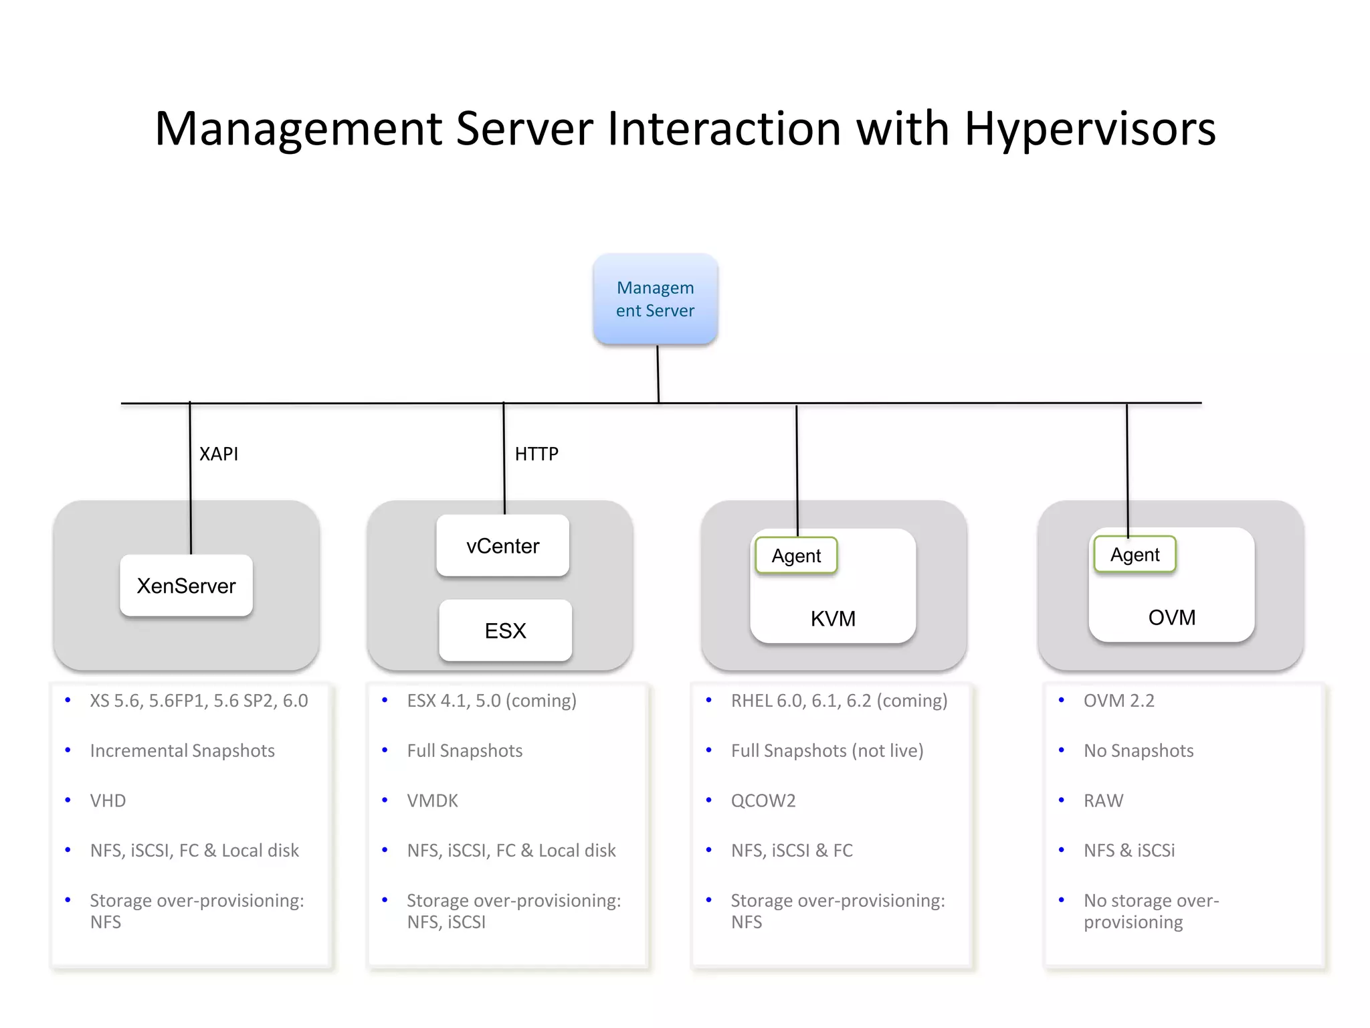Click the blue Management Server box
click(655, 299)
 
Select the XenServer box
click(186, 586)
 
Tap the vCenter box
click(502, 545)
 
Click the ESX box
click(505, 630)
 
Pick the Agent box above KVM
click(796, 555)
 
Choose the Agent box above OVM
click(1135, 554)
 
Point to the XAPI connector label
click(219, 454)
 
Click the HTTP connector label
click(536, 454)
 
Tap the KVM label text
click(833, 618)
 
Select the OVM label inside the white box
click(1171, 617)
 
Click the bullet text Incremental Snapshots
click(182, 750)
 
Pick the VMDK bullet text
click(432, 800)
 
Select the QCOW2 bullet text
click(763, 800)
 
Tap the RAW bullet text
click(1103, 800)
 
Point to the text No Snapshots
click(1139, 750)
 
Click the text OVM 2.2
click(1119, 701)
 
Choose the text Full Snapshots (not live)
click(827, 750)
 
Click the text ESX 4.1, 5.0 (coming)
click(492, 701)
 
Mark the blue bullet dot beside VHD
click(68, 800)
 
